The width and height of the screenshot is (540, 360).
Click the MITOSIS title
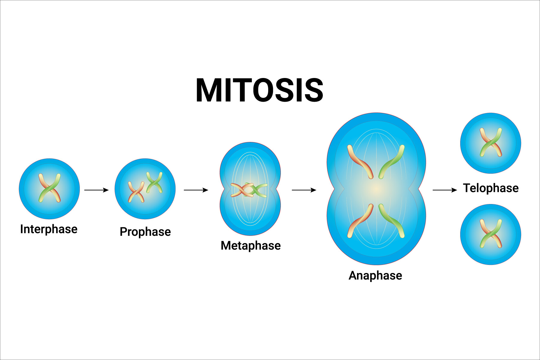(259, 90)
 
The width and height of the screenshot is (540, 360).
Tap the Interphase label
(49, 229)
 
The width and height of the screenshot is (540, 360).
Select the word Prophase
(145, 232)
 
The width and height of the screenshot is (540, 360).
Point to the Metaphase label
(251, 246)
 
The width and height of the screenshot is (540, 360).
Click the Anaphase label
(375, 275)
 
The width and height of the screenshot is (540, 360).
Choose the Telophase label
(491, 188)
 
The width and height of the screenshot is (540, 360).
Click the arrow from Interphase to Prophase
(96, 190)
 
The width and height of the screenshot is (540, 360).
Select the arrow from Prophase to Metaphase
(196, 190)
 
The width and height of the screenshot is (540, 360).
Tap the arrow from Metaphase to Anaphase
(304, 190)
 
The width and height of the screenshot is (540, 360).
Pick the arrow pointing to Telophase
(445, 190)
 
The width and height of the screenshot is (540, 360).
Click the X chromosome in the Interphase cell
(49, 188)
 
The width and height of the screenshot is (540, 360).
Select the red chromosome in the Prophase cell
(136, 192)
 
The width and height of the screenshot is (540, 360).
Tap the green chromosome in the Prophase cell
(154, 182)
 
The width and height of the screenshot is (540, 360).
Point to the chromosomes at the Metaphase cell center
(249, 190)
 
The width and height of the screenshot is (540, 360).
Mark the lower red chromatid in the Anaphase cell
(360, 221)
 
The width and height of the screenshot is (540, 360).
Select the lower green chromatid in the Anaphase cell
(391, 221)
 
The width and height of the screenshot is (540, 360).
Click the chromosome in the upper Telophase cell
(491, 142)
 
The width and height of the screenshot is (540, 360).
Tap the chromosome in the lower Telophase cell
(491, 233)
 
